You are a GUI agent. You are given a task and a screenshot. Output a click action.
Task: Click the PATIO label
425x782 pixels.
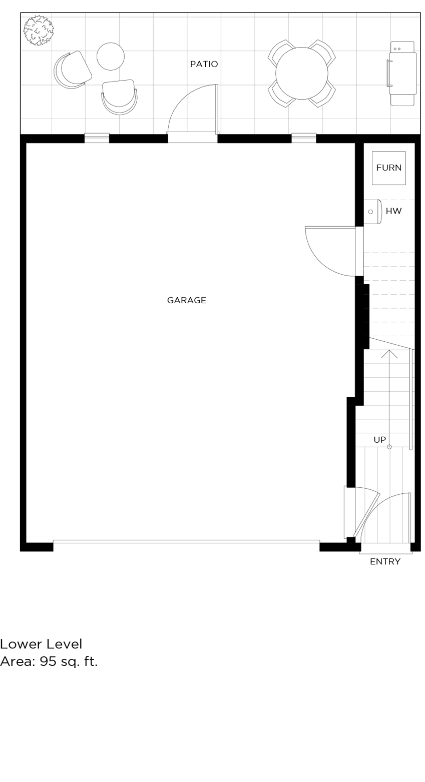[204, 64]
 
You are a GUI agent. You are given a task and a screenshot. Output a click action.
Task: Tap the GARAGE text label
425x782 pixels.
[186, 300]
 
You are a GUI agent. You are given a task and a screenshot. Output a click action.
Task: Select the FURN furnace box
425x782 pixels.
[388, 168]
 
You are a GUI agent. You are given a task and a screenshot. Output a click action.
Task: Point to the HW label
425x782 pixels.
[393, 211]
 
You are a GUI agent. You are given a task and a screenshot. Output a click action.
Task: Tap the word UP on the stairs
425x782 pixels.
[379, 440]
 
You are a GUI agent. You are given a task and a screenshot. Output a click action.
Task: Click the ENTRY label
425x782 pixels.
[385, 561]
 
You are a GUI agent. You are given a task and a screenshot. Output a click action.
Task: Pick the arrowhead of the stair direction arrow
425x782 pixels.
[389, 354]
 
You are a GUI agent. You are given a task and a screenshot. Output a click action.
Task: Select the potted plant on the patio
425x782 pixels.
[38, 30]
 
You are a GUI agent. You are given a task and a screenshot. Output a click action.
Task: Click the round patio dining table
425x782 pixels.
[302, 73]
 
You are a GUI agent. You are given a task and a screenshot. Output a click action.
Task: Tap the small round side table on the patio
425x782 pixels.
[110, 56]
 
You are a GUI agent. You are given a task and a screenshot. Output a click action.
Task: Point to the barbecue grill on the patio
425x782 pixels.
[402, 74]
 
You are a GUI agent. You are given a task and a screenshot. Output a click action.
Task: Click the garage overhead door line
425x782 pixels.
[186, 541]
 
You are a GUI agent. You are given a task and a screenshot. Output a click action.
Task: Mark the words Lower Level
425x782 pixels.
[41, 644]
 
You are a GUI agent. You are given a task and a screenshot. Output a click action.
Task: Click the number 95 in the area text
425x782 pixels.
[48, 661]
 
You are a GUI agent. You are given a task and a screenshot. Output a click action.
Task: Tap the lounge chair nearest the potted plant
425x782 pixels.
[73, 70]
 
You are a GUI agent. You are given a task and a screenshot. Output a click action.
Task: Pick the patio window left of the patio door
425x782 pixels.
[97, 138]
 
